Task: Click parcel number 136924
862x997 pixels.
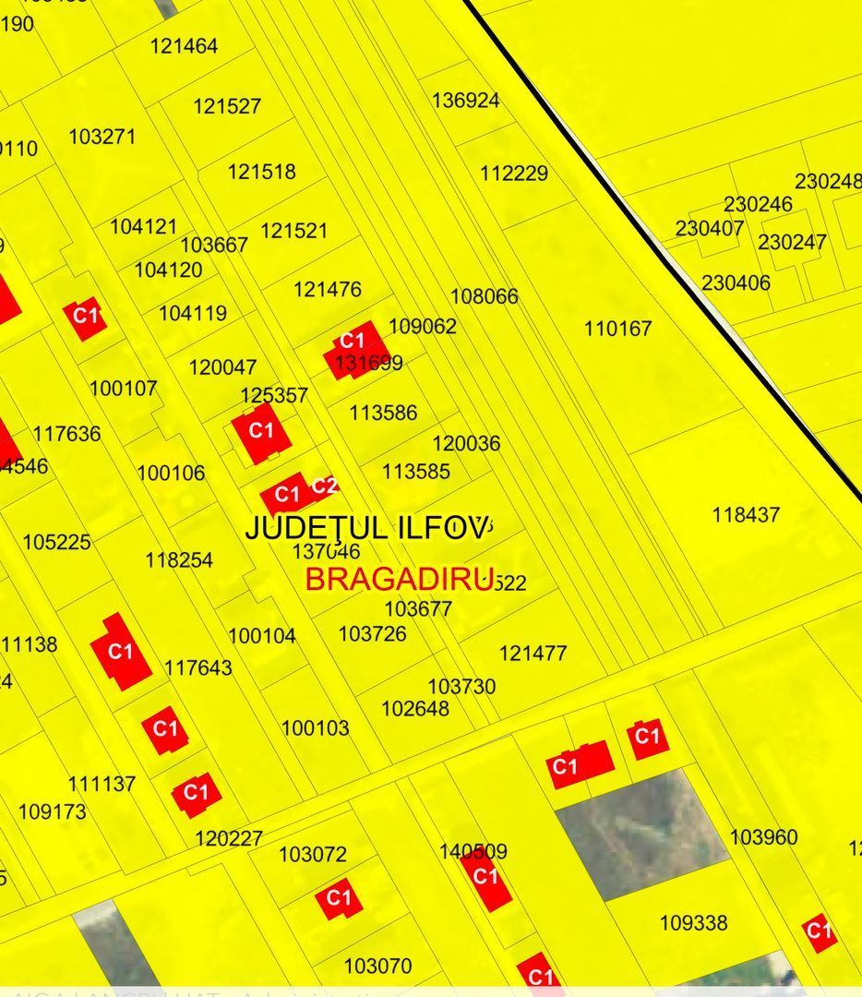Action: (465, 101)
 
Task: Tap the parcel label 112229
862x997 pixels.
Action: (514, 174)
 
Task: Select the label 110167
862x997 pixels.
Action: (617, 329)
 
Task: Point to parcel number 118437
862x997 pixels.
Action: (746, 515)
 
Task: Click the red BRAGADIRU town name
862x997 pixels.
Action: (399, 580)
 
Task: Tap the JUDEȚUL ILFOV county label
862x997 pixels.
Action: (366, 528)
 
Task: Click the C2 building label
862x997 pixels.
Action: (323, 486)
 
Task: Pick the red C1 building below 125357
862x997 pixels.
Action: (261, 432)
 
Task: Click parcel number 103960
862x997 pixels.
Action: (763, 837)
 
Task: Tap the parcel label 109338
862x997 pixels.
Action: (693, 923)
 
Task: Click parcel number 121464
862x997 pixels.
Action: (184, 46)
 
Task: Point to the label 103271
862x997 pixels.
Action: (102, 137)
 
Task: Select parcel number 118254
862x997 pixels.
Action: (179, 560)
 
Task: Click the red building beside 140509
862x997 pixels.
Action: (486, 880)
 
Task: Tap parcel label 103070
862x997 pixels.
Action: (377, 967)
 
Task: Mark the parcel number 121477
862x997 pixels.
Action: (533, 654)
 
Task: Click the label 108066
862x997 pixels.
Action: (484, 296)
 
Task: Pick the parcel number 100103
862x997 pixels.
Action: (316, 728)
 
